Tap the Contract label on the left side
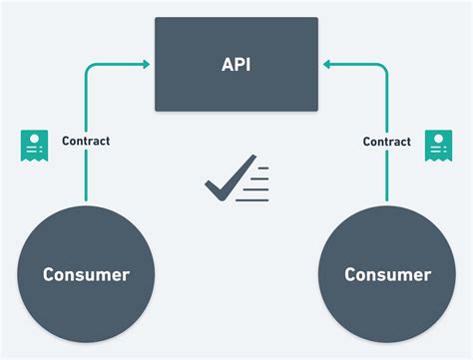point(86,142)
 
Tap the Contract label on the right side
point(387,142)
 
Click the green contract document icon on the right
point(438,145)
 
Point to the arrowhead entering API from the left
point(146,66)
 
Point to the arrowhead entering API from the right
point(326,66)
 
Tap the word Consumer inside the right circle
point(387,273)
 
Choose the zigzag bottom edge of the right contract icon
point(438,160)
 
